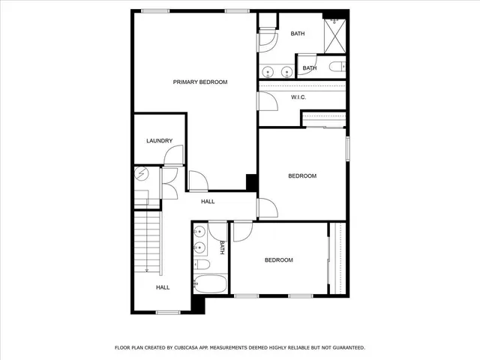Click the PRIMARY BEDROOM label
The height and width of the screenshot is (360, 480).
(x=200, y=82)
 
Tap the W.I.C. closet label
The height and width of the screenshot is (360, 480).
(x=298, y=97)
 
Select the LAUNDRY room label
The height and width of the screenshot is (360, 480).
(x=160, y=141)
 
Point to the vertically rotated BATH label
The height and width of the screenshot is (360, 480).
(x=222, y=247)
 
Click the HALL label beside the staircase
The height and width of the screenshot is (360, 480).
(x=163, y=287)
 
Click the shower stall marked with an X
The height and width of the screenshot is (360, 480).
(x=334, y=34)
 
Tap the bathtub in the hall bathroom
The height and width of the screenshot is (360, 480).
(x=210, y=285)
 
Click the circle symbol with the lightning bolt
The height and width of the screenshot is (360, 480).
(x=142, y=175)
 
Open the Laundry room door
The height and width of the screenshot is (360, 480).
(x=173, y=156)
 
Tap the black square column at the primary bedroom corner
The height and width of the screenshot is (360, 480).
(x=252, y=182)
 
